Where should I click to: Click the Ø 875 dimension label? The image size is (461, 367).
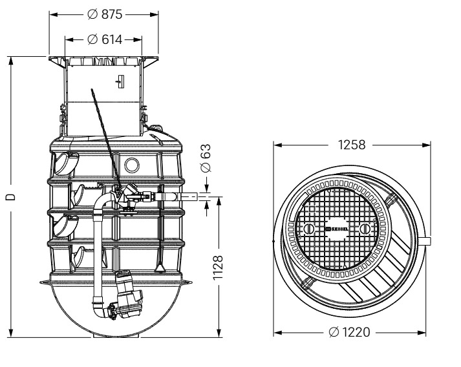click(x=105, y=14)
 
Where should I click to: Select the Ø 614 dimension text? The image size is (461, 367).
click(x=105, y=39)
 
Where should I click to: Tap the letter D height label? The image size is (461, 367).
click(x=10, y=197)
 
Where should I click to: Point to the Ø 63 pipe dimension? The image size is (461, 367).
click(x=206, y=158)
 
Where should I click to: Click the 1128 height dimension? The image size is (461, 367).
click(x=218, y=267)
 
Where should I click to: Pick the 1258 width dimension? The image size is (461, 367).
click(x=352, y=145)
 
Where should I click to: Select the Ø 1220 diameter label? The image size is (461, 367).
click(x=349, y=332)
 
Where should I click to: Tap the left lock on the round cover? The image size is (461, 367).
click(x=309, y=229)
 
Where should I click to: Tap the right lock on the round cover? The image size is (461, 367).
click(x=365, y=229)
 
